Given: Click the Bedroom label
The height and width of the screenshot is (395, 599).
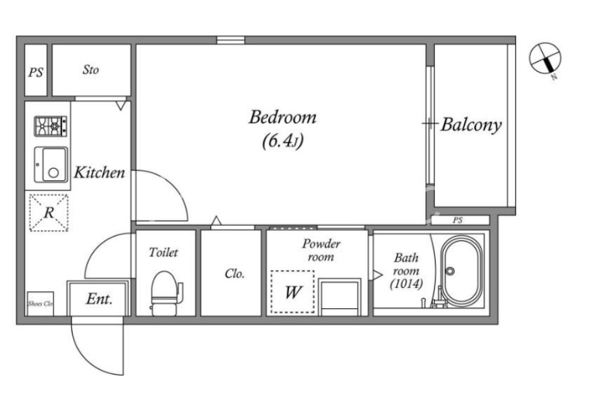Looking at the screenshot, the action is click(x=283, y=117).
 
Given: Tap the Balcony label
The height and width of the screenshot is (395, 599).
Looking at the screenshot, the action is click(x=471, y=125).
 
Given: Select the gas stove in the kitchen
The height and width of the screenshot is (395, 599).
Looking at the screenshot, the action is click(x=50, y=126).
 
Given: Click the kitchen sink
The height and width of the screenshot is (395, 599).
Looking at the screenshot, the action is click(x=51, y=165).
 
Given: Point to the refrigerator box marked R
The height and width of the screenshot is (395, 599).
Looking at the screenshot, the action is click(x=49, y=212).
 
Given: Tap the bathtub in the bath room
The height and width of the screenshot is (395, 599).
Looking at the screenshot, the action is click(x=460, y=271).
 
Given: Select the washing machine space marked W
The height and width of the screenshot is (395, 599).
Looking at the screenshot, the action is click(x=293, y=292).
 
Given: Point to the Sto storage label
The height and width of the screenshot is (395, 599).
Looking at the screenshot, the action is click(x=91, y=70).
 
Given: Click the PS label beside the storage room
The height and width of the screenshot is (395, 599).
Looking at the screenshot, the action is click(x=36, y=72).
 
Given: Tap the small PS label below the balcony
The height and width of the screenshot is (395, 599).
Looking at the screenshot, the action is click(x=457, y=220).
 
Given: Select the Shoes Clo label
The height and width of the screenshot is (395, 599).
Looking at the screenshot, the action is click(x=40, y=304).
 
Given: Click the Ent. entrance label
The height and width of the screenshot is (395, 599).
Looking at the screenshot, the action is click(x=100, y=298).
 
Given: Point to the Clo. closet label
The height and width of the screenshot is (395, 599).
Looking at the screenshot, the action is click(x=234, y=274).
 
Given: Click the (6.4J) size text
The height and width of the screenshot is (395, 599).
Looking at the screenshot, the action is click(x=283, y=141).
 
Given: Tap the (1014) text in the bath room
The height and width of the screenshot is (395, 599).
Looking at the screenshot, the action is click(x=407, y=284).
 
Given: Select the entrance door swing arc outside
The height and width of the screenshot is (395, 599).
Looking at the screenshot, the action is click(x=86, y=358).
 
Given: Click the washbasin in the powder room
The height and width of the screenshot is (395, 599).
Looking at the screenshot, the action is click(x=340, y=297).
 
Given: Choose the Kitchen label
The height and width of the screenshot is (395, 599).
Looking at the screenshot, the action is click(x=100, y=173).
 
